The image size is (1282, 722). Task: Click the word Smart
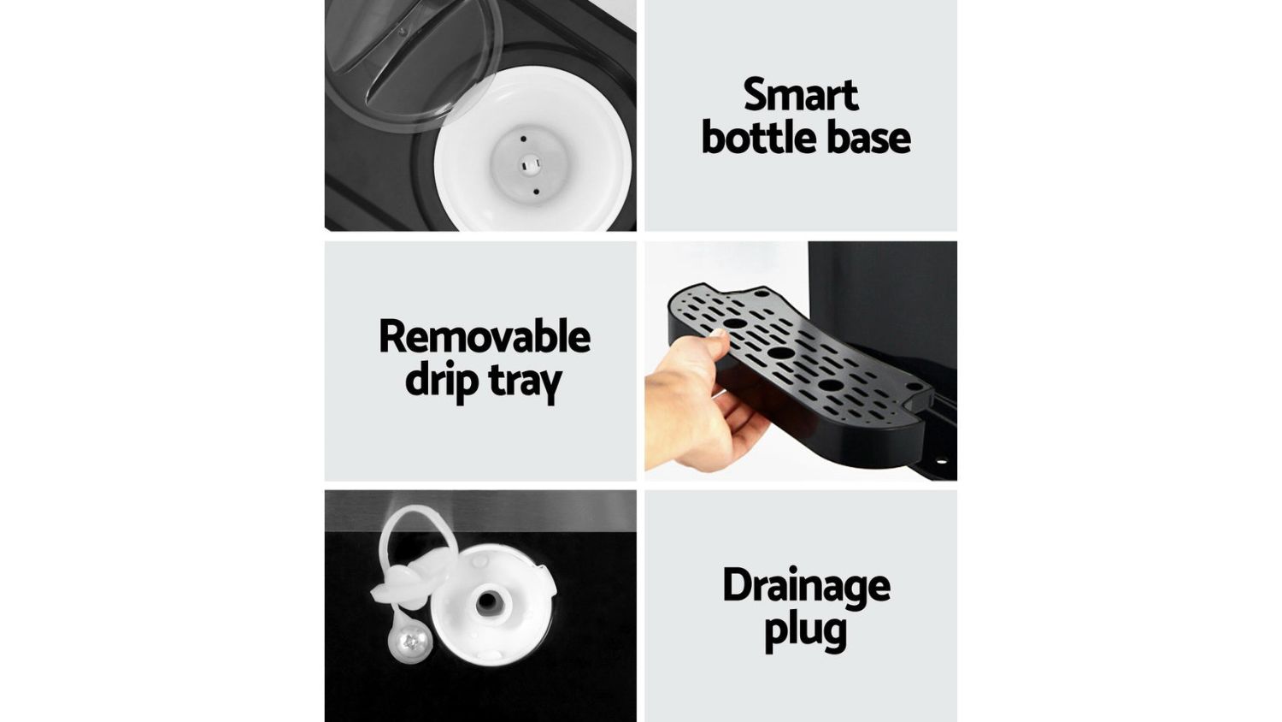pos(801,95)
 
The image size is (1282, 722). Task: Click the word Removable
pos(485,336)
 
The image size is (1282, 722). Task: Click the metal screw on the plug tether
pos(410,642)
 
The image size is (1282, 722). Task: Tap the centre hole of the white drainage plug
pos(487,602)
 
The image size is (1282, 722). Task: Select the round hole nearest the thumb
pos(734,323)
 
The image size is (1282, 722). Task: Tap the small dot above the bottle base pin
pos(523,139)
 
